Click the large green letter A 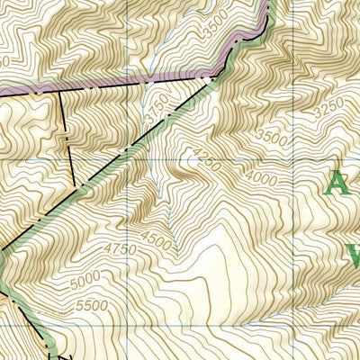[336, 184]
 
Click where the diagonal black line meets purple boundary [208, 79]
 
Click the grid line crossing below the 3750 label [125, 159]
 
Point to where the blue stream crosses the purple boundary [145, 82]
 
